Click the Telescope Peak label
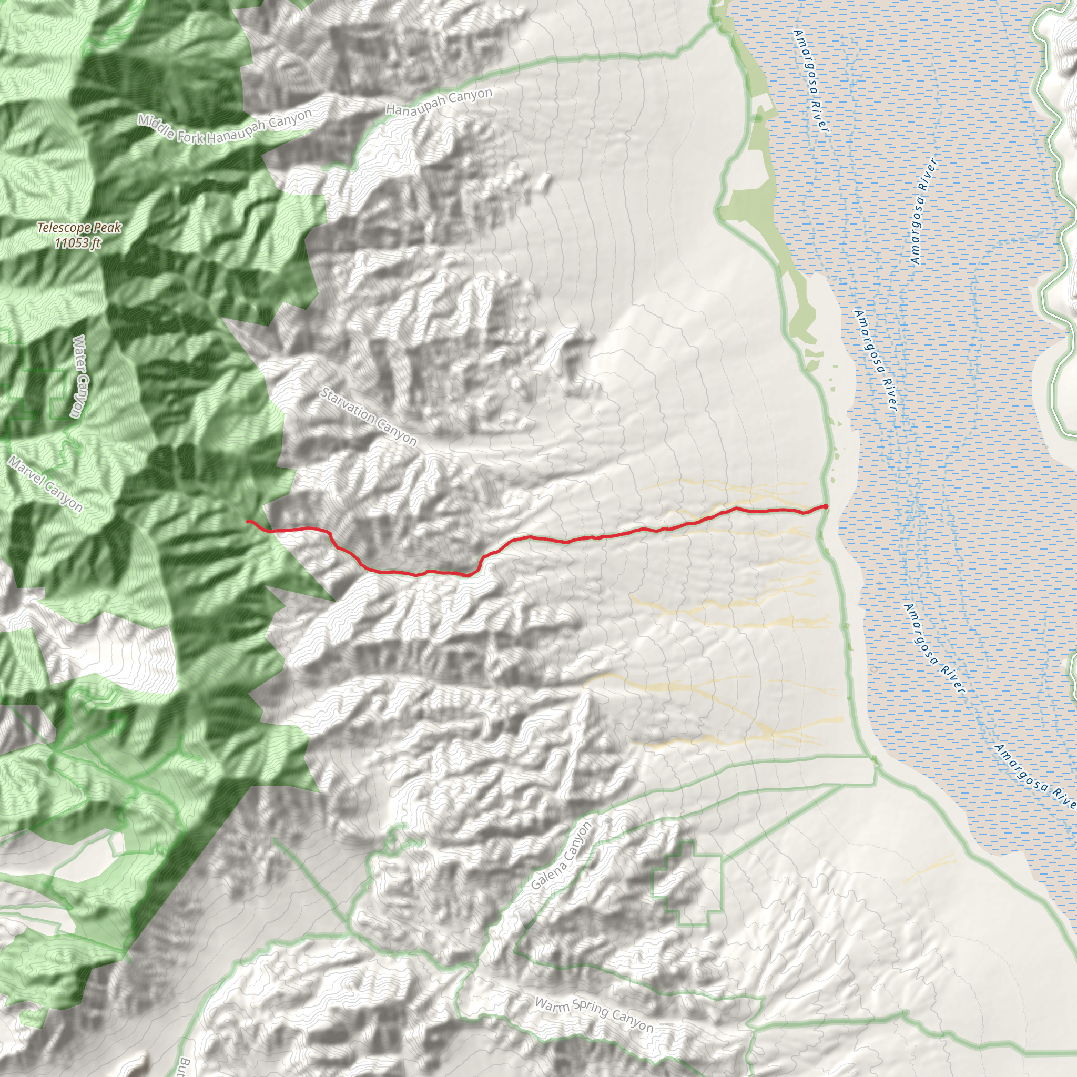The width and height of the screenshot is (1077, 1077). pyautogui.click(x=79, y=227)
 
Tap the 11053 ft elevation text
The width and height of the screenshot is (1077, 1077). pyautogui.click(x=78, y=243)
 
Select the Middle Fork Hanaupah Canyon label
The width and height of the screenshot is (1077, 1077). pyautogui.click(x=225, y=128)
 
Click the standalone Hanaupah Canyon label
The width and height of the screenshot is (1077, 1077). pyautogui.click(x=439, y=101)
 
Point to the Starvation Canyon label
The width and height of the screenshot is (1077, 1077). pyautogui.click(x=369, y=417)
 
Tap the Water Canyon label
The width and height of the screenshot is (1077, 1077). pyautogui.click(x=80, y=377)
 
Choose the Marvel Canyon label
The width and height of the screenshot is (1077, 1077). pyautogui.click(x=46, y=484)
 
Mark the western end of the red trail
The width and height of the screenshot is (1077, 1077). pyautogui.click(x=248, y=521)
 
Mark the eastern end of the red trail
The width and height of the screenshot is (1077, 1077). pyautogui.click(x=826, y=505)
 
